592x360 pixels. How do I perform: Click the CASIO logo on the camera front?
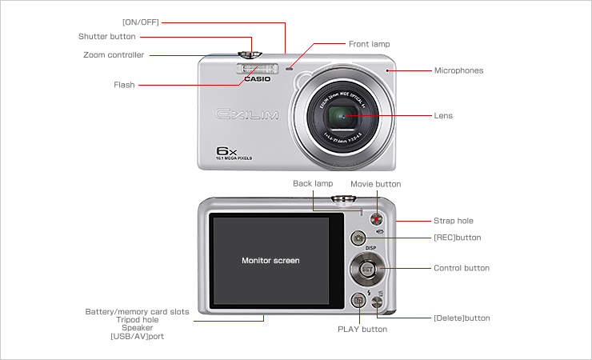coord(258,79)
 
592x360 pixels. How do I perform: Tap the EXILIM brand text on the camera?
coord(247,114)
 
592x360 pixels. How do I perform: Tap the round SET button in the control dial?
coord(366,269)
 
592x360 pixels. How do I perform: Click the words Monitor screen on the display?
coord(270,260)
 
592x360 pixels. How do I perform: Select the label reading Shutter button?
coord(106,37)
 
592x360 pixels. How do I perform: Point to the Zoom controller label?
coord(114,55)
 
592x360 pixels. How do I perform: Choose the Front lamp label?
coord(369,43)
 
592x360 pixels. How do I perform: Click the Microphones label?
coord(458,70)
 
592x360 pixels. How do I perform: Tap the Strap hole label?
coord(453,220)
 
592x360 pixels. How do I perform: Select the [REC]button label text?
coord(457,238)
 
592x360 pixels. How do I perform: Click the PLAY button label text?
coord(362,329)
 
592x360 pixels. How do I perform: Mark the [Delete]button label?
coord(461,318)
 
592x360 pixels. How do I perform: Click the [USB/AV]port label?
coord(137,336)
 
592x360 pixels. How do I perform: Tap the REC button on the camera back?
coord(359,238)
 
